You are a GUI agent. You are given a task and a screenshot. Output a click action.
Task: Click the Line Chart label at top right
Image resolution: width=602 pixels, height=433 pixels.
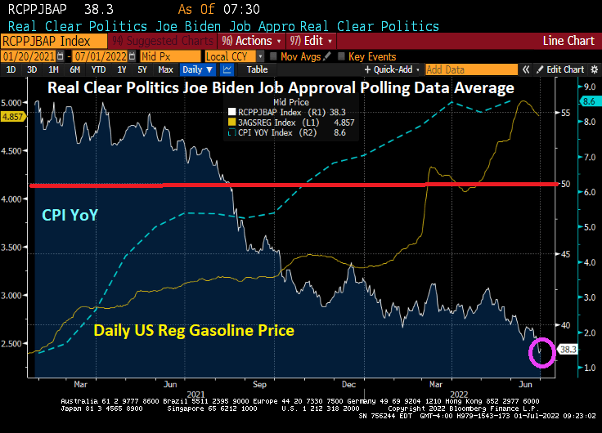point(569,40)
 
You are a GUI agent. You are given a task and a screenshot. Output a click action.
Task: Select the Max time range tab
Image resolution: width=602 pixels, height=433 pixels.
point(165,69)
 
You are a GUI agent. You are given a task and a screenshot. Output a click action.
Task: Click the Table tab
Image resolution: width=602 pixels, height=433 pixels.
point(257,69)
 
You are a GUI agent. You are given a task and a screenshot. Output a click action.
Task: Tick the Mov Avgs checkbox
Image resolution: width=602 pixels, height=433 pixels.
point(272,56)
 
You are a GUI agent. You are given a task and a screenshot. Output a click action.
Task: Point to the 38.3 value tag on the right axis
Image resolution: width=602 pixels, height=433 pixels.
point(568,349)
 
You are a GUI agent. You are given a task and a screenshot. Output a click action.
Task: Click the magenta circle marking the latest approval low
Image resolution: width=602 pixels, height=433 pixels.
point(541,352)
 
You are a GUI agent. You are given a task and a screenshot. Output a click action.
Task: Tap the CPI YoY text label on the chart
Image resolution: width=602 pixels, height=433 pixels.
point(70,215)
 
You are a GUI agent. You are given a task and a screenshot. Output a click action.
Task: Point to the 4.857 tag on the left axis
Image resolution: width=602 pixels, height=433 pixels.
point(14,117)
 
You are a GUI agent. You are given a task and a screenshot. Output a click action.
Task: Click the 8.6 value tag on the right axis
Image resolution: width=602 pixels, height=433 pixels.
point(589,101)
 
